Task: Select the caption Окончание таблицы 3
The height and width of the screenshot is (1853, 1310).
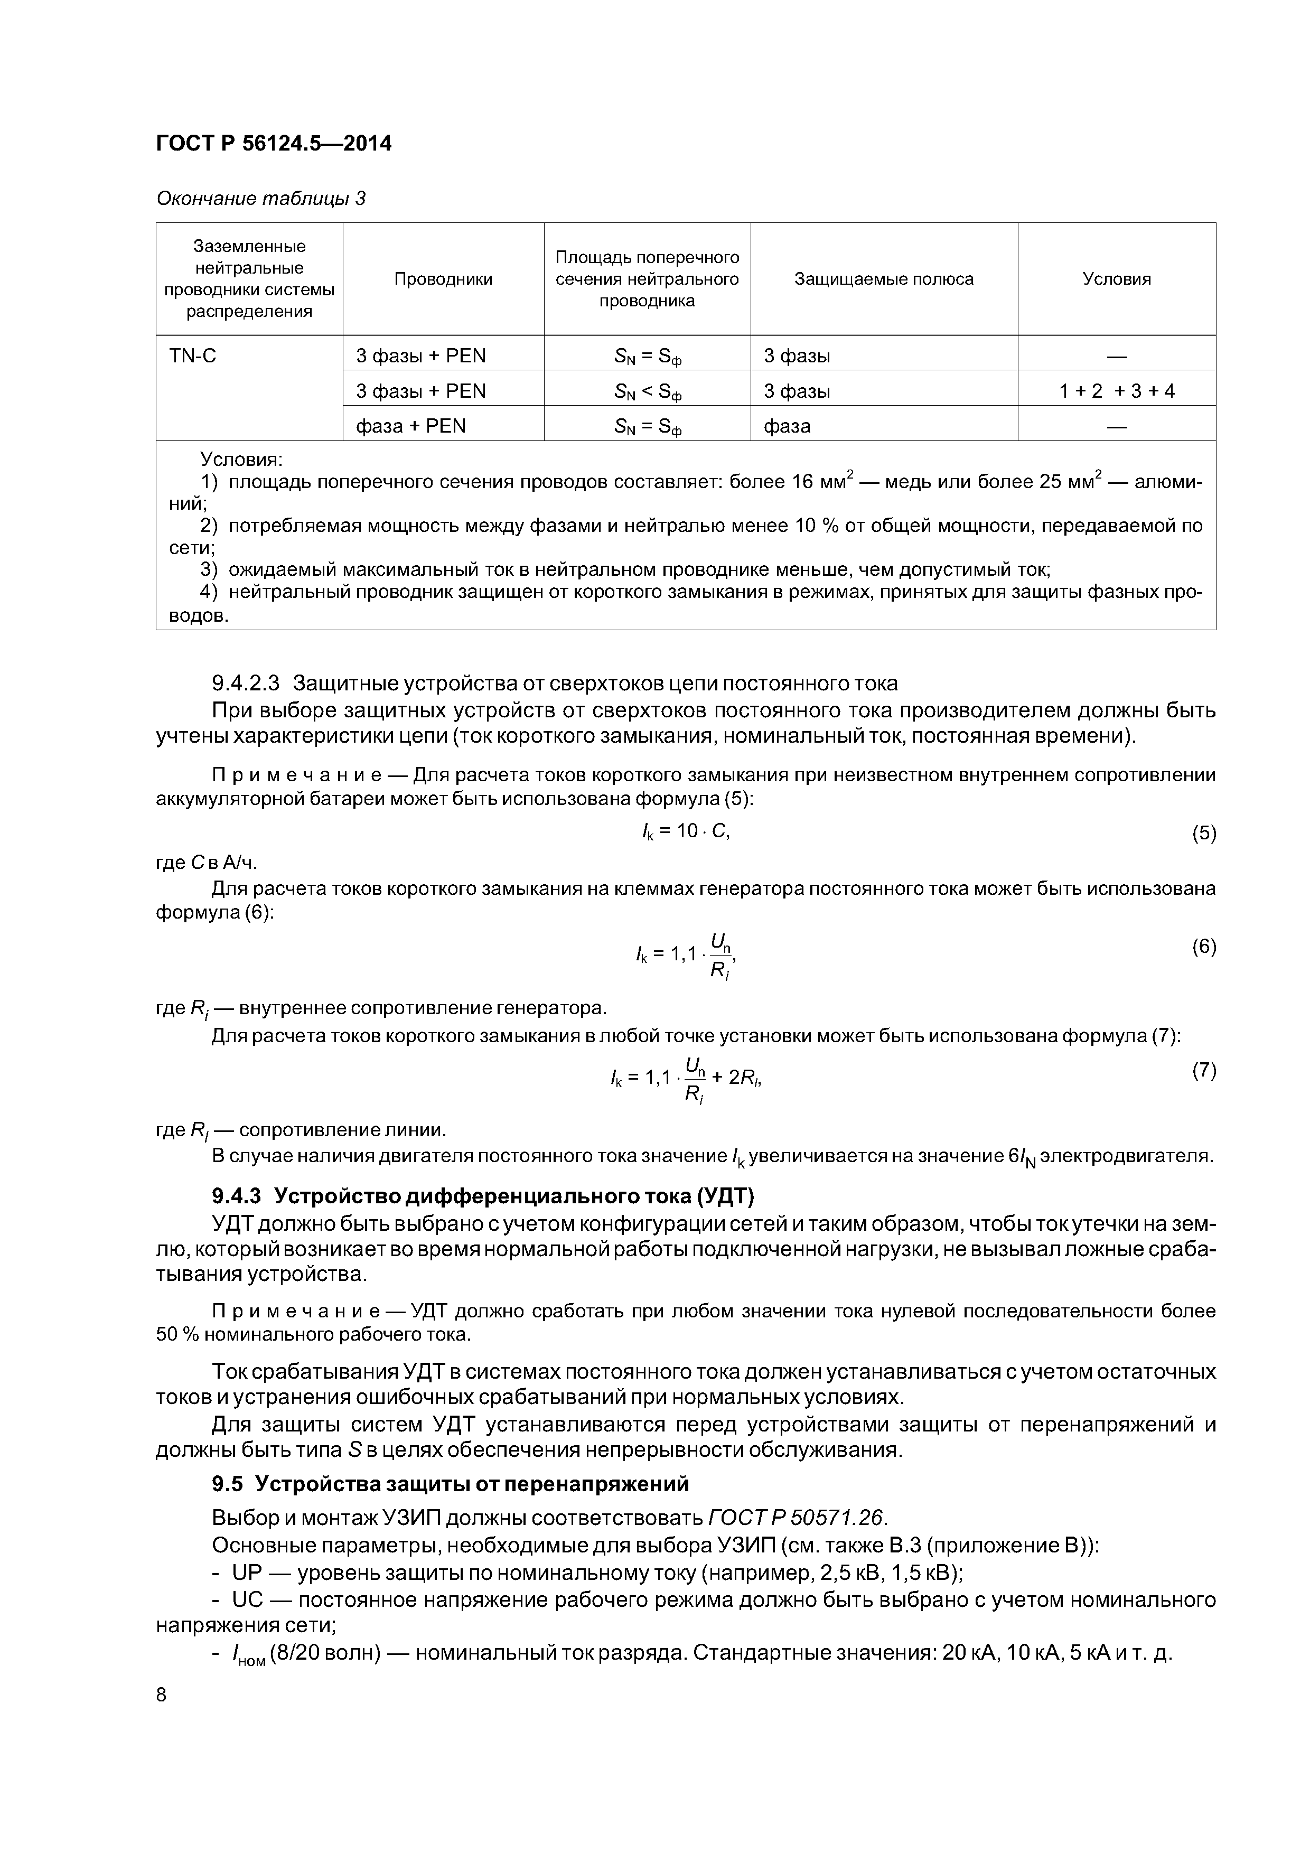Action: pyautogui.click(x=261, y=199)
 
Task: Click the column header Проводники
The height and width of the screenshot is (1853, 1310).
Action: pyautogui.click(x=443, y=279)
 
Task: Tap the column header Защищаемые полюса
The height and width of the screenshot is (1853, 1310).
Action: pyautogui.click(x=884, y=279)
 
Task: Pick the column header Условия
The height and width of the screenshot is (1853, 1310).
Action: pyautogui.click(x=1116, y=279)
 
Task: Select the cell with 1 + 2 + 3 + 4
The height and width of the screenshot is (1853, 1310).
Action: pyautogui.click(x=1116, y=391)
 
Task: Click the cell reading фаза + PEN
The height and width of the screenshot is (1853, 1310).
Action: pyautogui.click(x=411, y=426)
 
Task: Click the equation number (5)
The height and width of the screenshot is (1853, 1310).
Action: pyautogui.click(x=1203, y=834)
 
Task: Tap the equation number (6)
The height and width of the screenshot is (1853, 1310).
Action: pyautogui.click(x=1203, y=947)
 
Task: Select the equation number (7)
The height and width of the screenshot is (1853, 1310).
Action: pyautogui.click(x=1203, y=1071)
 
